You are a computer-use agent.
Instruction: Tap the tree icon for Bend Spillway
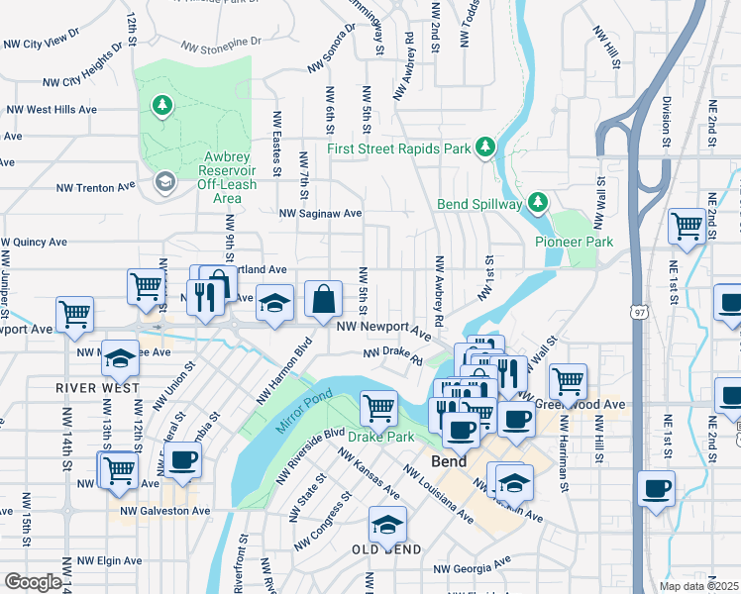538,203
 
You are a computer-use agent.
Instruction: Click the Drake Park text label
378,436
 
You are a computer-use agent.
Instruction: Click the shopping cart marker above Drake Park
378,406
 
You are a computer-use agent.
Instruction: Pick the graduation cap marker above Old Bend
387,524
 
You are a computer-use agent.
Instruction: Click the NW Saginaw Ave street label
321,213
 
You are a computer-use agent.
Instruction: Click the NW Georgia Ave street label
476,569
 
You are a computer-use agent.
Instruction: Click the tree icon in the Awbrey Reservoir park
160,105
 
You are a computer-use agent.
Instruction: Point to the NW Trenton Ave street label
95,186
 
